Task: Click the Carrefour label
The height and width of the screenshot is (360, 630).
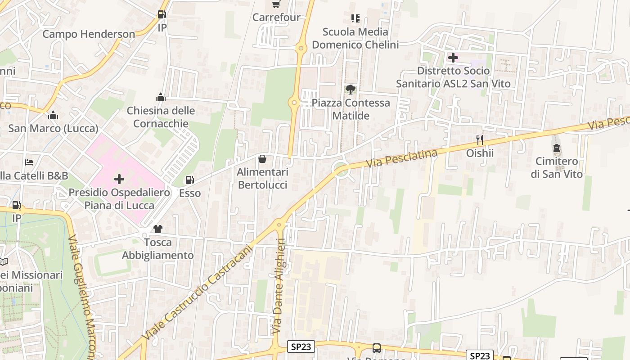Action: (276, 17)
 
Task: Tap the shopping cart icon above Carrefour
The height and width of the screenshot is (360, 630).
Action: (276, 4)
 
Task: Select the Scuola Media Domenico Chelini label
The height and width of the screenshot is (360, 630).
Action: (355, 38)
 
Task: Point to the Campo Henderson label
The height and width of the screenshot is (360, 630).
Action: (89, 34)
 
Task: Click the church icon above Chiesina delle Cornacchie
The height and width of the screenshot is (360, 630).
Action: (160, 98)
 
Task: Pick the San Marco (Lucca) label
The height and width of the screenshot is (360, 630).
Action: (53, 128)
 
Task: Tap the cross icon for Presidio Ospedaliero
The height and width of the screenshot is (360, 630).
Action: (119, 180)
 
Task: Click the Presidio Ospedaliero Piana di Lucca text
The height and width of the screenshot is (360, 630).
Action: (119, 199)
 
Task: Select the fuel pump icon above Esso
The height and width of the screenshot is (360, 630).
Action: (190, 180)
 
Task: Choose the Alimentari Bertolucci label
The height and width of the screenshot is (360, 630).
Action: (262, 179)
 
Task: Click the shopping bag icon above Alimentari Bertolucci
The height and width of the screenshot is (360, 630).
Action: (262, 159)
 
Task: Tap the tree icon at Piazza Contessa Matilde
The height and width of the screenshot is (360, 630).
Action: (351, 90)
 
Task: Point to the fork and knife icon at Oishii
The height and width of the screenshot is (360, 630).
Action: (480, 140)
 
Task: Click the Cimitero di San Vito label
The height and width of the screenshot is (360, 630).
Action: (557, 167)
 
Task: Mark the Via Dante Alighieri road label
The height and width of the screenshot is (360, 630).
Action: (279, 286)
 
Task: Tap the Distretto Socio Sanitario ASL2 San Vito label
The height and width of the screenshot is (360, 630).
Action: (453, 77)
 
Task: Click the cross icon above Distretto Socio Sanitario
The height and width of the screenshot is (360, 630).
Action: (453, 58)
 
